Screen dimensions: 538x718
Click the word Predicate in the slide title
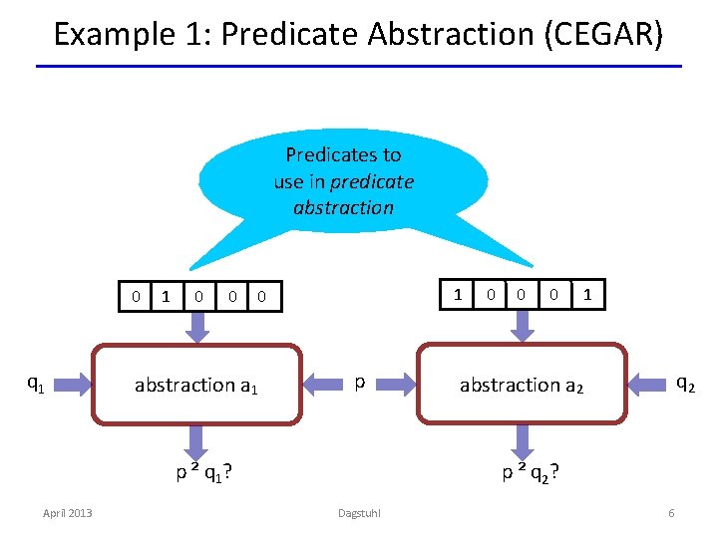point(290,35)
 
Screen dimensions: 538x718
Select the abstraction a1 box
point(196,384)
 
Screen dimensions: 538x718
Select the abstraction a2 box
point(522,384)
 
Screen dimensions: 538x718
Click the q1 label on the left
point(34,382)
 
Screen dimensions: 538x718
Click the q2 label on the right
point(686,382)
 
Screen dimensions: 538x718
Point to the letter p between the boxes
point(359,383)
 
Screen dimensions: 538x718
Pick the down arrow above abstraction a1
point(196,325)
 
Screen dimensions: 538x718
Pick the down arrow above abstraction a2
point(522,325)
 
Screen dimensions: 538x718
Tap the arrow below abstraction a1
point(196,438)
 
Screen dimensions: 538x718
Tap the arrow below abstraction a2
point(522,438)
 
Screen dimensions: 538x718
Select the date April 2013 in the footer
point(67,513)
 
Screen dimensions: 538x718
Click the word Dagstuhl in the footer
point(359,513)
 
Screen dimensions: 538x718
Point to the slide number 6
point(671,513)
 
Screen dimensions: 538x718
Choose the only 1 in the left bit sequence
point(166,296)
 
